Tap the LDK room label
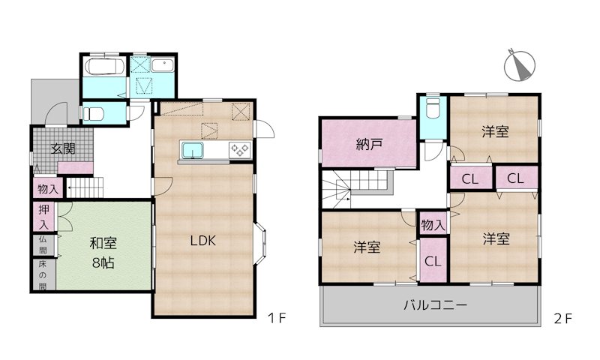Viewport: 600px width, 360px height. pos(203,241)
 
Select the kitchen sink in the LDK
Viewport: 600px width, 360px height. pos(193,149)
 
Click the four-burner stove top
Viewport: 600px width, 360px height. pos(240,149)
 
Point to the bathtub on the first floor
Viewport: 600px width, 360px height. pos(104,67)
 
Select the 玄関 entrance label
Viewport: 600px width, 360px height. pos(64,148)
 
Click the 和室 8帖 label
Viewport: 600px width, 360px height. pos(103,253)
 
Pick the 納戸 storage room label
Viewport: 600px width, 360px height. pos(369,145)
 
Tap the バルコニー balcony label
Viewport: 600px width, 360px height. pos(436,305)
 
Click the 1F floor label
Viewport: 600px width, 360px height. pos(276,318)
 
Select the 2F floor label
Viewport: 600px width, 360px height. pos(563,319)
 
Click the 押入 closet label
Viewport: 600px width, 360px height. pos(43,217)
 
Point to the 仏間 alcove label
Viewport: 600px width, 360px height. pos(43,245)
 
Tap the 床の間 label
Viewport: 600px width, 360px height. pos(43,275)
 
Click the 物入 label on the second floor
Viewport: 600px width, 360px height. pos(433,225)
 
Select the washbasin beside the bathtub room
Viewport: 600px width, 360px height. pos(163,65)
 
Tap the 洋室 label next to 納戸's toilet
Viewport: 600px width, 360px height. pos(495,132)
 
